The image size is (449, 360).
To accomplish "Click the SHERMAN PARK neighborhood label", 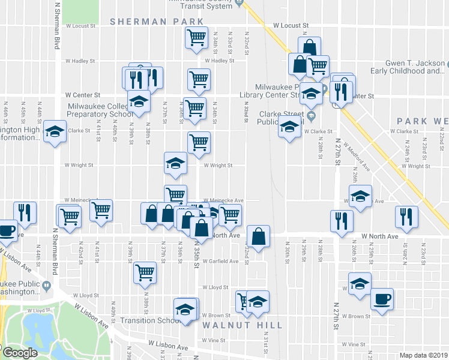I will coord(157,22).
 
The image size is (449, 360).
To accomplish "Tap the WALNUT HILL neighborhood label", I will coord(242,325).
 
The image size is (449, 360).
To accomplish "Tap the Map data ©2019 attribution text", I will coord(424,355).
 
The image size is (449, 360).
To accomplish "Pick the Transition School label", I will coord(146,320).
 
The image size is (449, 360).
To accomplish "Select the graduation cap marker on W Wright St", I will coord(175,163).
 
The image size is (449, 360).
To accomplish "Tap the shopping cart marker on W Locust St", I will coord(197,38).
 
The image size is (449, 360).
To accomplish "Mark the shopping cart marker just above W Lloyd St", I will coord(145,272).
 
